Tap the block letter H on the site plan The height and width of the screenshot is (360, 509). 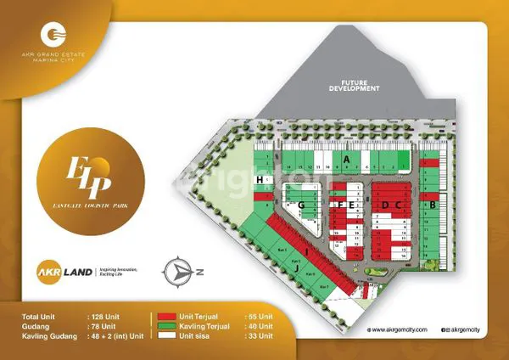[259, 181]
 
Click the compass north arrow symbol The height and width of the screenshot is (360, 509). [185, 271]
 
